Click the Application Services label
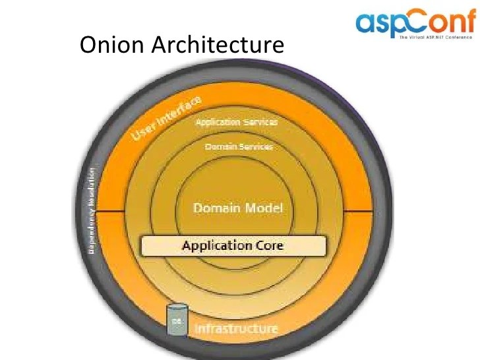[236, 122]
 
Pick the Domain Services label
[238, 146]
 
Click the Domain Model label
[237, 208]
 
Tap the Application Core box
[233, 246]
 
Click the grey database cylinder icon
[176, 320]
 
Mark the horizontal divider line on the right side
[359, 211]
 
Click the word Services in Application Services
[259, 122]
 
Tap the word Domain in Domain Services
[220, 146]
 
